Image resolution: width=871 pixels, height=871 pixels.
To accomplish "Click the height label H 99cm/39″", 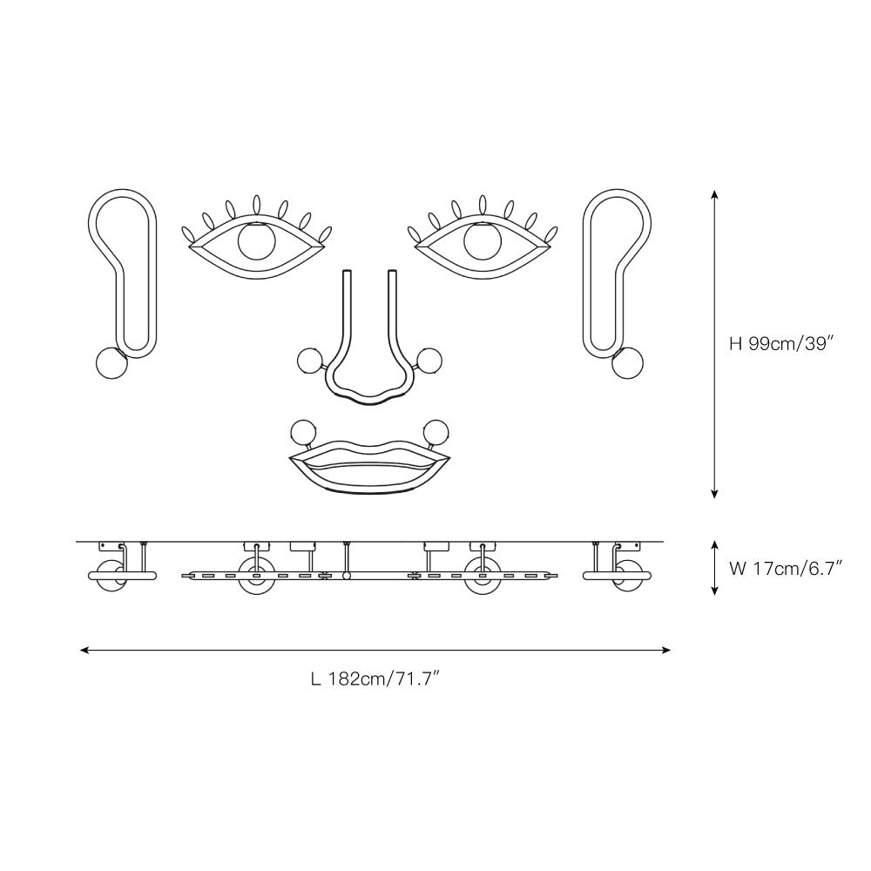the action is tap(783, 344).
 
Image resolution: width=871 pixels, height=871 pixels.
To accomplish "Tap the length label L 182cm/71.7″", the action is tap(376, 679).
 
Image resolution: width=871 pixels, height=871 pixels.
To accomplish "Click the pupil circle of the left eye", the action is tap(256, 240).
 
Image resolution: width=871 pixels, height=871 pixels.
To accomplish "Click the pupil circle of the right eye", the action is tap(483, 240).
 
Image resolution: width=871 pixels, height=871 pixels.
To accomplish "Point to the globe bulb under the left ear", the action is tap(111, 363).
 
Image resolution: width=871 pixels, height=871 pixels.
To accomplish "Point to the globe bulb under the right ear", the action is tap(627, 363).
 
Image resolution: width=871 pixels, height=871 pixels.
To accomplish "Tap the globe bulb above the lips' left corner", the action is tap(303, 432).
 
